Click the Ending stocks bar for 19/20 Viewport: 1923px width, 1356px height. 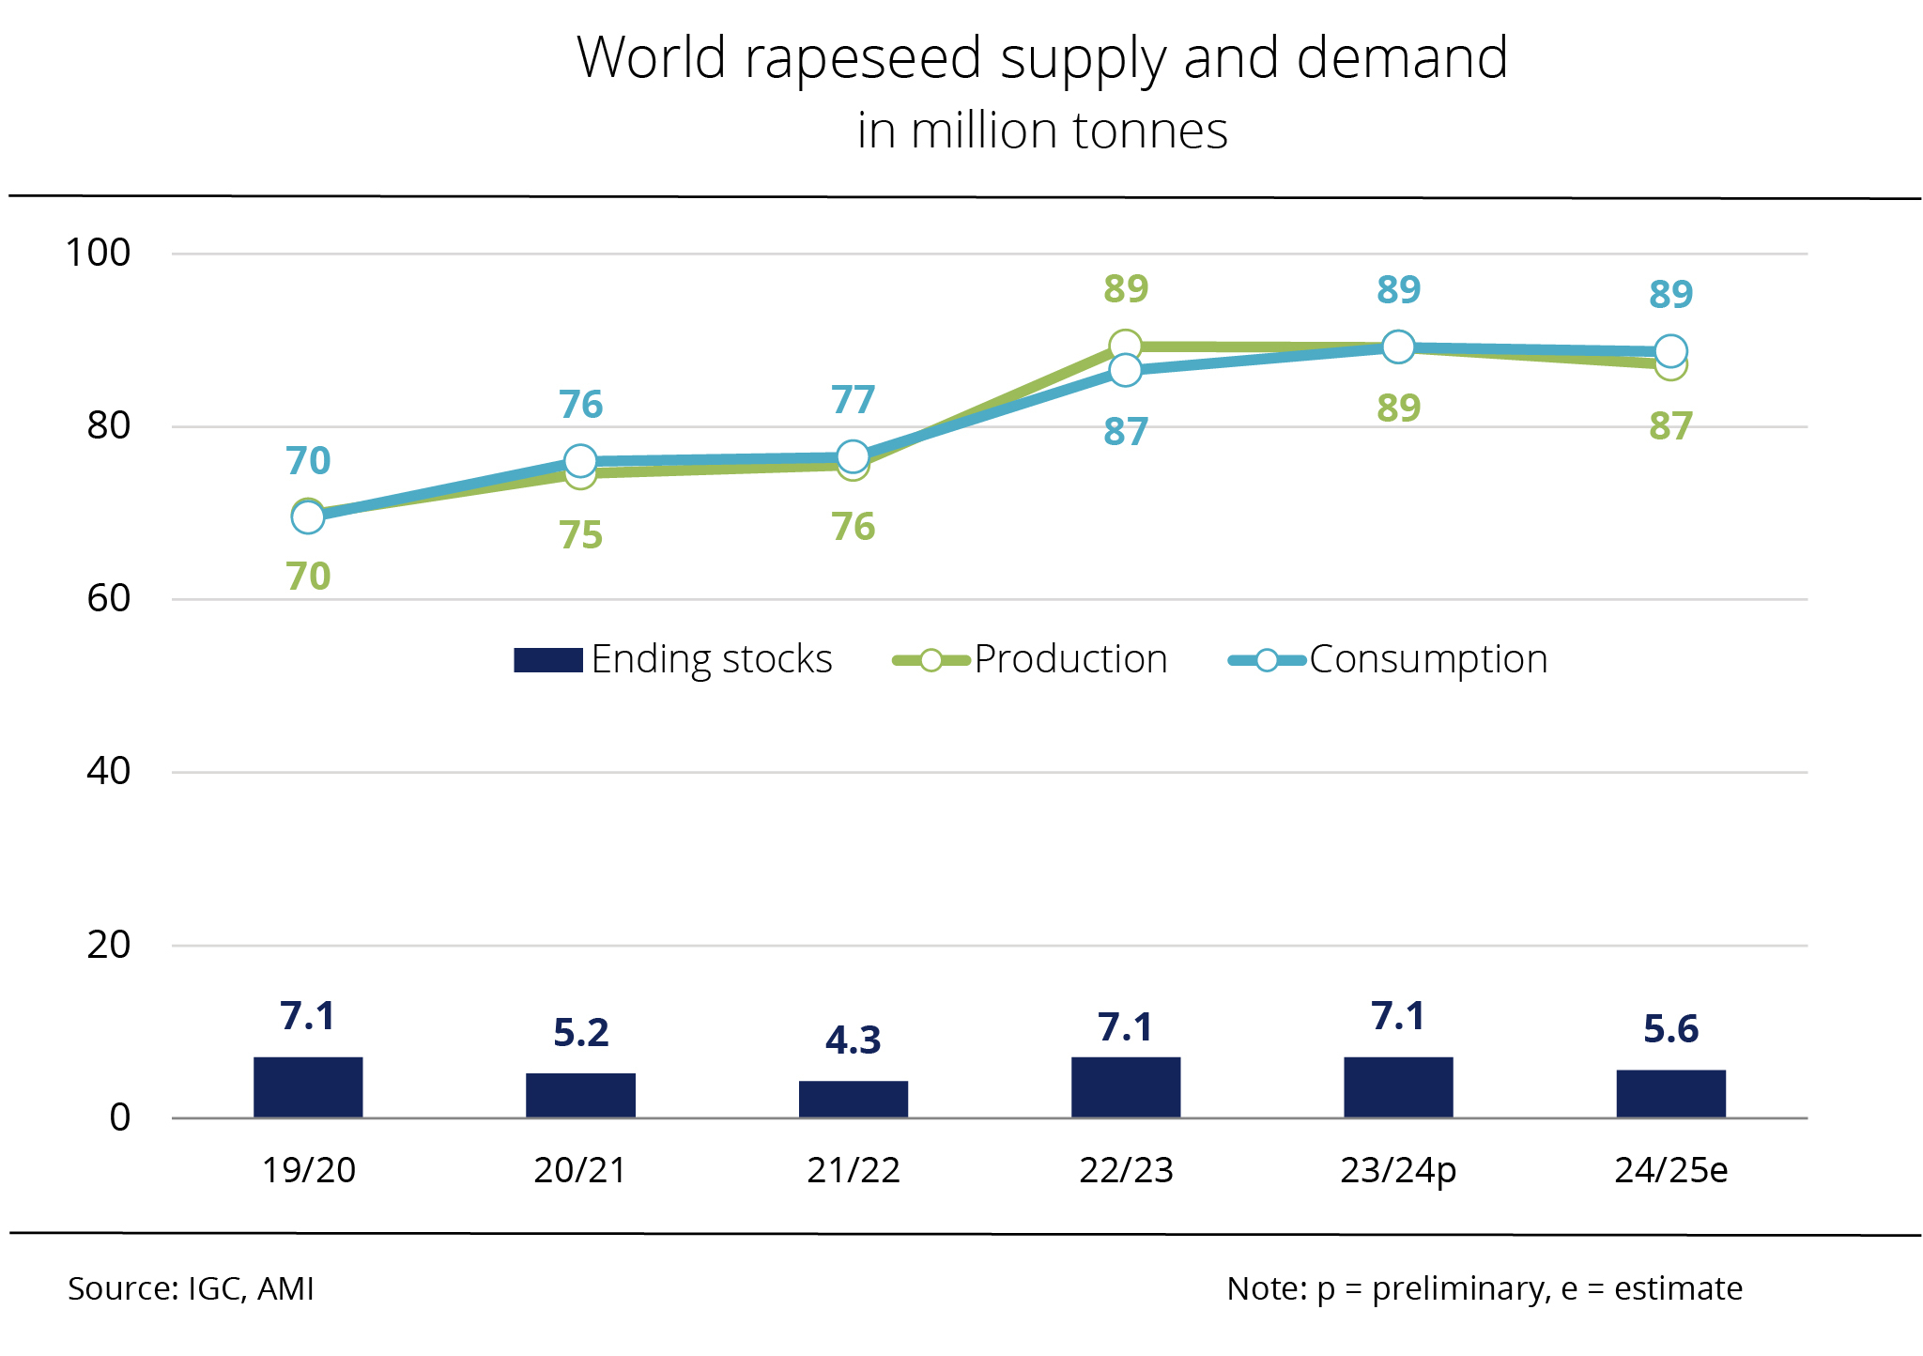(x=308, y=1087)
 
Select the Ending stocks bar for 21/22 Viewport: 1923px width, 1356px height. (x=853, y=1099)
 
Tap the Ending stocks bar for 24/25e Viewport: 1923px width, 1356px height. (x=1670, y=1094)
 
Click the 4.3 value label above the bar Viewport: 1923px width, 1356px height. (x=853, y=1040)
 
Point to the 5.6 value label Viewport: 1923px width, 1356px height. (x=1670, y=1029)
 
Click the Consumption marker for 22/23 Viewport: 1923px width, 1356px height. (x=1125, y=371)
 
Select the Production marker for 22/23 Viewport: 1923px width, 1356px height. (x=1125, y=346)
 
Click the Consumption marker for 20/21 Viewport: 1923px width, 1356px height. (x=580, y=461)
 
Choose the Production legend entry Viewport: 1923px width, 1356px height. (x=1030, y=659)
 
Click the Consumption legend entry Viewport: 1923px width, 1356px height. (x=1388, y=659)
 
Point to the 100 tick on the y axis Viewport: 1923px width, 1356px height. (x=98, y=253)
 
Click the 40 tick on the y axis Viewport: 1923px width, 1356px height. (x=108, y=771)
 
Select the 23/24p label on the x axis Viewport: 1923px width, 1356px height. (x=1398, y=1170)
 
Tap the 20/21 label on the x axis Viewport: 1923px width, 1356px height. (x=580, y=1170)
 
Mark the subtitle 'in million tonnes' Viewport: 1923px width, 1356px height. (x=1042, y=131)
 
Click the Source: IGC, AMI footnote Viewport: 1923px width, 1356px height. (x=191, y=1288)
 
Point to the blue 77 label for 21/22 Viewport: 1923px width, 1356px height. (x=853, y=400)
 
